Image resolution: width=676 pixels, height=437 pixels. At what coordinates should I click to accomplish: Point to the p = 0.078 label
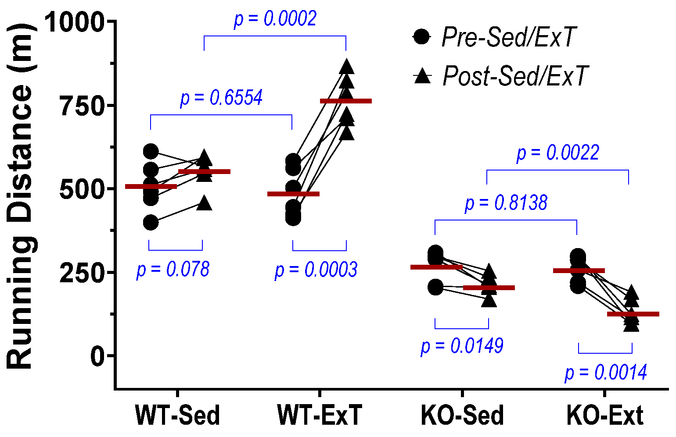[x=173, y=270]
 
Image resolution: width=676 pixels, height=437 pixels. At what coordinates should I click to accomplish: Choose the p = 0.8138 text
[x=506, y=203]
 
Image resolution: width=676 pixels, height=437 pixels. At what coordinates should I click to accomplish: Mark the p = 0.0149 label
[x=462, y=346]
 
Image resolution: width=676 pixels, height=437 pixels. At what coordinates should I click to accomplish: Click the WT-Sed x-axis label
[x=177, y=416]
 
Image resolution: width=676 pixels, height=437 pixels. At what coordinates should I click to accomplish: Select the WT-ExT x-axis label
[x=320, y=416]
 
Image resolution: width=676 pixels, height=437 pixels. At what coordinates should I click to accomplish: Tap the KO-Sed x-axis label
[x=462, y=416]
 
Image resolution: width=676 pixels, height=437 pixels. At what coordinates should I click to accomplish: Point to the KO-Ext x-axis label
[x=605, y=416]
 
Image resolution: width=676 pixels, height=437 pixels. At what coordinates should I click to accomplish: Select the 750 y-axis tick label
[x=83, y=105]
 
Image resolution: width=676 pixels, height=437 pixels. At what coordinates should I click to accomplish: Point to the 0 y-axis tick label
[x=98, y=355]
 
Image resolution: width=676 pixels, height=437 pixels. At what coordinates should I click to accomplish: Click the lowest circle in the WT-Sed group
[x=151, y=223]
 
